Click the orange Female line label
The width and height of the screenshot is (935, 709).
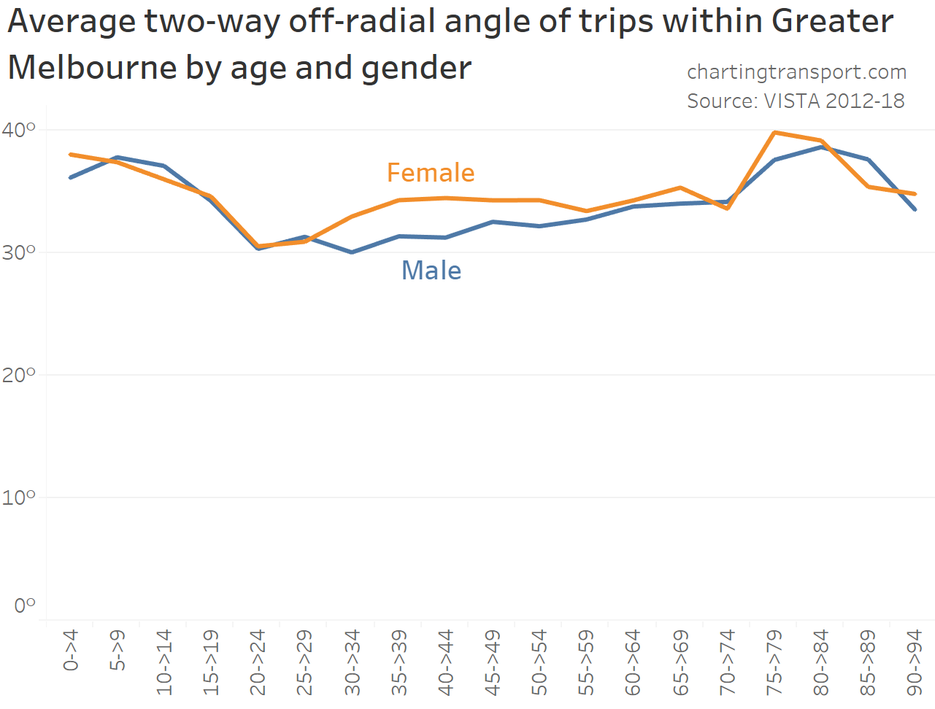pyautogui.click(x=431, y=173)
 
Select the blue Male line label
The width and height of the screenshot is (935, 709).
pyautogui.click(x=431, y=271)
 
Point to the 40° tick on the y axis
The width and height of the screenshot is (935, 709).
pyautogui.click(x=18, y=130)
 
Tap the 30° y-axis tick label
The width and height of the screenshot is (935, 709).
pyautogui.click(x=18, y=252)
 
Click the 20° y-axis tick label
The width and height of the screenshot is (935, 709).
pyautogui.click(x=18, y=375)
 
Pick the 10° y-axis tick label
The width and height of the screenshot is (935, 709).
pyautogui.click(x=18, y=497)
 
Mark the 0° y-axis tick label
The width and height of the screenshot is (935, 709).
pyautogui.click(x=24, y=605)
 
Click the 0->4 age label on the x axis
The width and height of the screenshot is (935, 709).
pyautogui.click(x=71, y=651)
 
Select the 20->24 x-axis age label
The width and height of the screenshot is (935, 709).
pyautogui.click(x=258, y=662)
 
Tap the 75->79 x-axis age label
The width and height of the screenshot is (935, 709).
pyautogui.click(x=774, y=662)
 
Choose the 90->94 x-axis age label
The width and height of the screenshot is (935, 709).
pyautogui.click(x=915, y=662)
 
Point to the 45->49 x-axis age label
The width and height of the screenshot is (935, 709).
pyautogui.click(x=493, y=662)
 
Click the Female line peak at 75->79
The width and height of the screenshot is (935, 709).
pyautogui.click(x=774, y=133)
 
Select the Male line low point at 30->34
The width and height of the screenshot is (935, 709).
pyautogui.click(x=352, y=252)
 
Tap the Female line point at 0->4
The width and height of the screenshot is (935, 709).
pyautogui.click(x=71, y=155)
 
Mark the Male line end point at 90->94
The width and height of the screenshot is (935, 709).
pyautogui.click(x=915, y=209)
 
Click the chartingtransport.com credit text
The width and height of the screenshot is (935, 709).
pyautogui.click(x=796, y=72)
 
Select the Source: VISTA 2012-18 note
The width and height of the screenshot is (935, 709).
pyautogui.click(x=796, y=101)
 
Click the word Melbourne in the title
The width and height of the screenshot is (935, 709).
pyautogui.click(x=91, y=68)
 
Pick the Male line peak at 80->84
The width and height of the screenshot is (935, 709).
pyautogui.click(x=821, y=147)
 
